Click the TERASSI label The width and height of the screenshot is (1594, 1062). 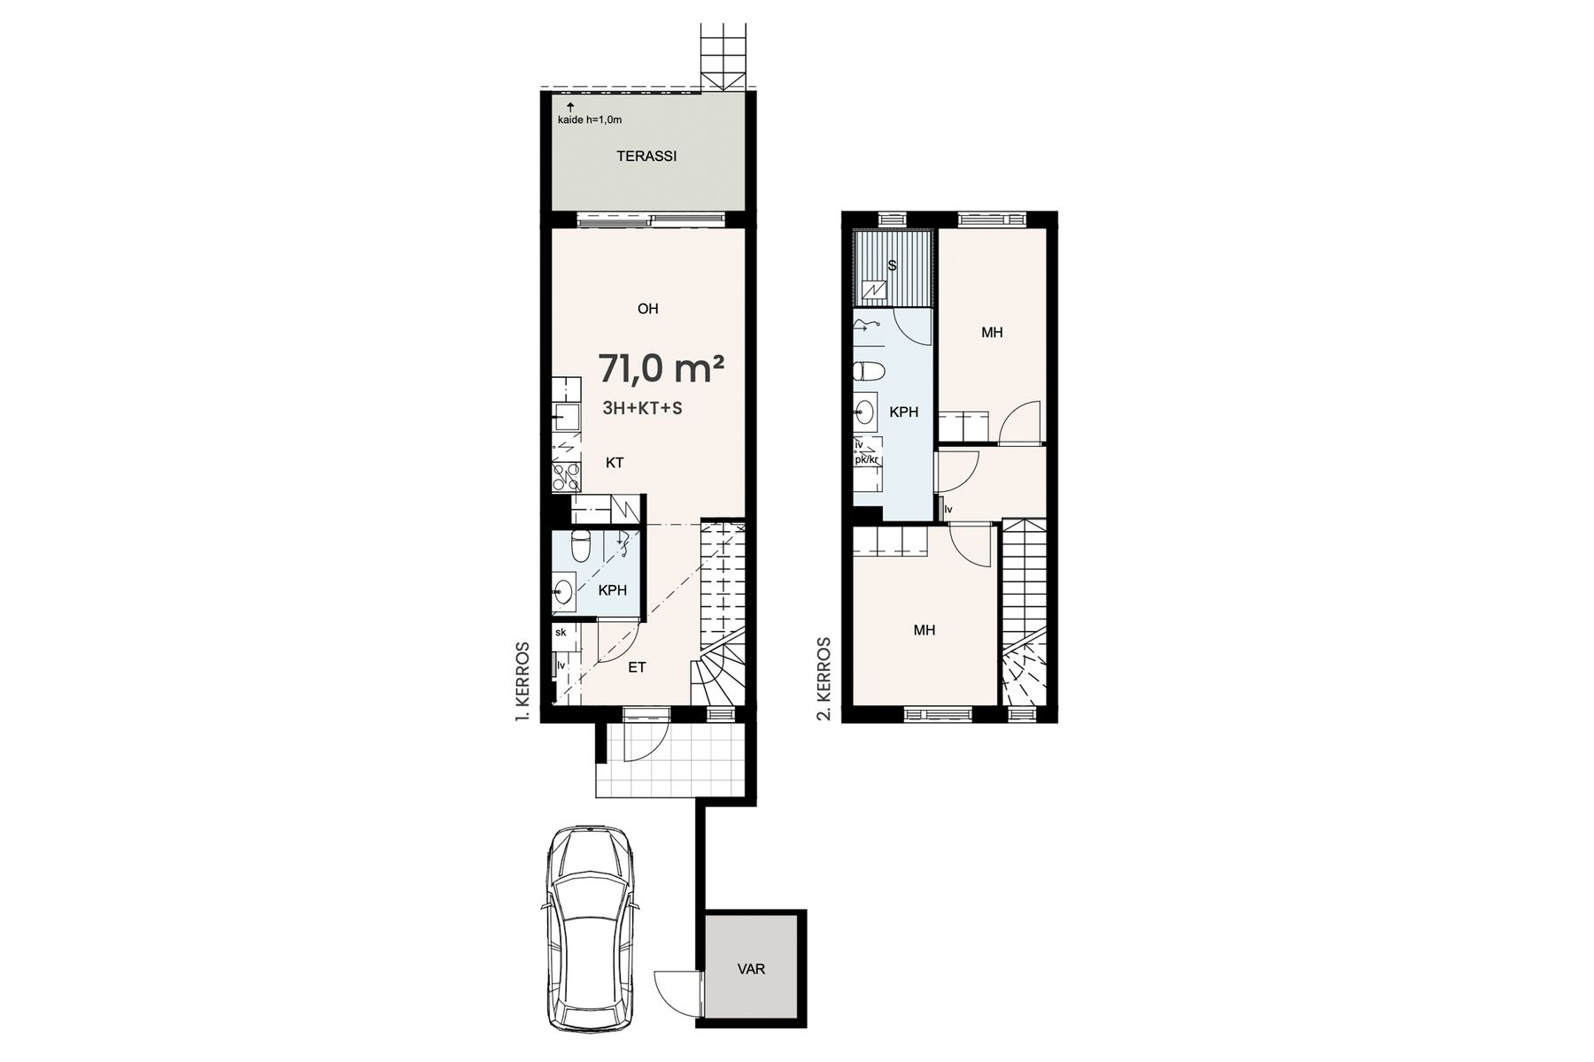coord(646,157)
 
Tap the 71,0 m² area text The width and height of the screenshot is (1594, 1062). coord(662,369)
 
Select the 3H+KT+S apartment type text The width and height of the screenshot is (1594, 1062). coord(642,408)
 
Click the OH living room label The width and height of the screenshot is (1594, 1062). coord(647,309)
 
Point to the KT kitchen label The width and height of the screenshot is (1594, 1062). coord(615,463)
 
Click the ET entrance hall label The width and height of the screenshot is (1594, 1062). coord(637,668)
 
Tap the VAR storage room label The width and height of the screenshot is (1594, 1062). coord(751,969)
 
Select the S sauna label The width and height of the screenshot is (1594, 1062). coord(892,265)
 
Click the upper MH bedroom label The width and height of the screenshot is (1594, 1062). coord(992,333)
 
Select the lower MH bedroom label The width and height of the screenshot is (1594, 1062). coord(925,631)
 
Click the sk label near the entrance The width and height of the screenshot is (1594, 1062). coord(561,633)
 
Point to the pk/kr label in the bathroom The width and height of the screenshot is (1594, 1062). coord(867,459)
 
